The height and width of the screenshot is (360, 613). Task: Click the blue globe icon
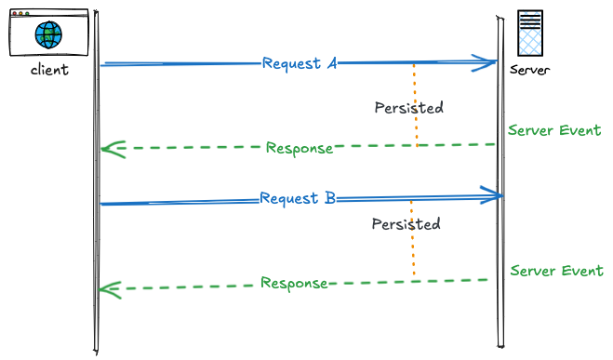[48, 36]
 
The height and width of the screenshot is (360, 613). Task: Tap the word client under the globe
[49, 70]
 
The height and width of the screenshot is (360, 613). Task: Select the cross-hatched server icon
[530, 35]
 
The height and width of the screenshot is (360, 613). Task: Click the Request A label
[299, 63]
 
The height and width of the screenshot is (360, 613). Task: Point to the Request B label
[297, 198]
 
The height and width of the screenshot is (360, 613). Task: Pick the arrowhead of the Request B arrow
[491, 195]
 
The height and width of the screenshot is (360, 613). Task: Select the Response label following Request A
[299, 148]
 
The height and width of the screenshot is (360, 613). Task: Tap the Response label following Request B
[293, 283]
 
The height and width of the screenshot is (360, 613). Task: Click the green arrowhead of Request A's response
[113, 149]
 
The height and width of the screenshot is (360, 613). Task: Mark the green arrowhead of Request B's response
[110, 289]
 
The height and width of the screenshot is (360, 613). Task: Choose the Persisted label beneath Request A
[408, 108]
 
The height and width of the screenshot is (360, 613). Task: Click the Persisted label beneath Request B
[406, 224]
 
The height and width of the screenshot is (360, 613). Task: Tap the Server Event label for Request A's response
[554, 130]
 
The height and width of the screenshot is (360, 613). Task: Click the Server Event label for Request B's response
[556, 272]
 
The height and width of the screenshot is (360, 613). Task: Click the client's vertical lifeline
[96, 233]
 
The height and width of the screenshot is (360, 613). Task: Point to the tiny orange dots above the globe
[20, 14]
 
